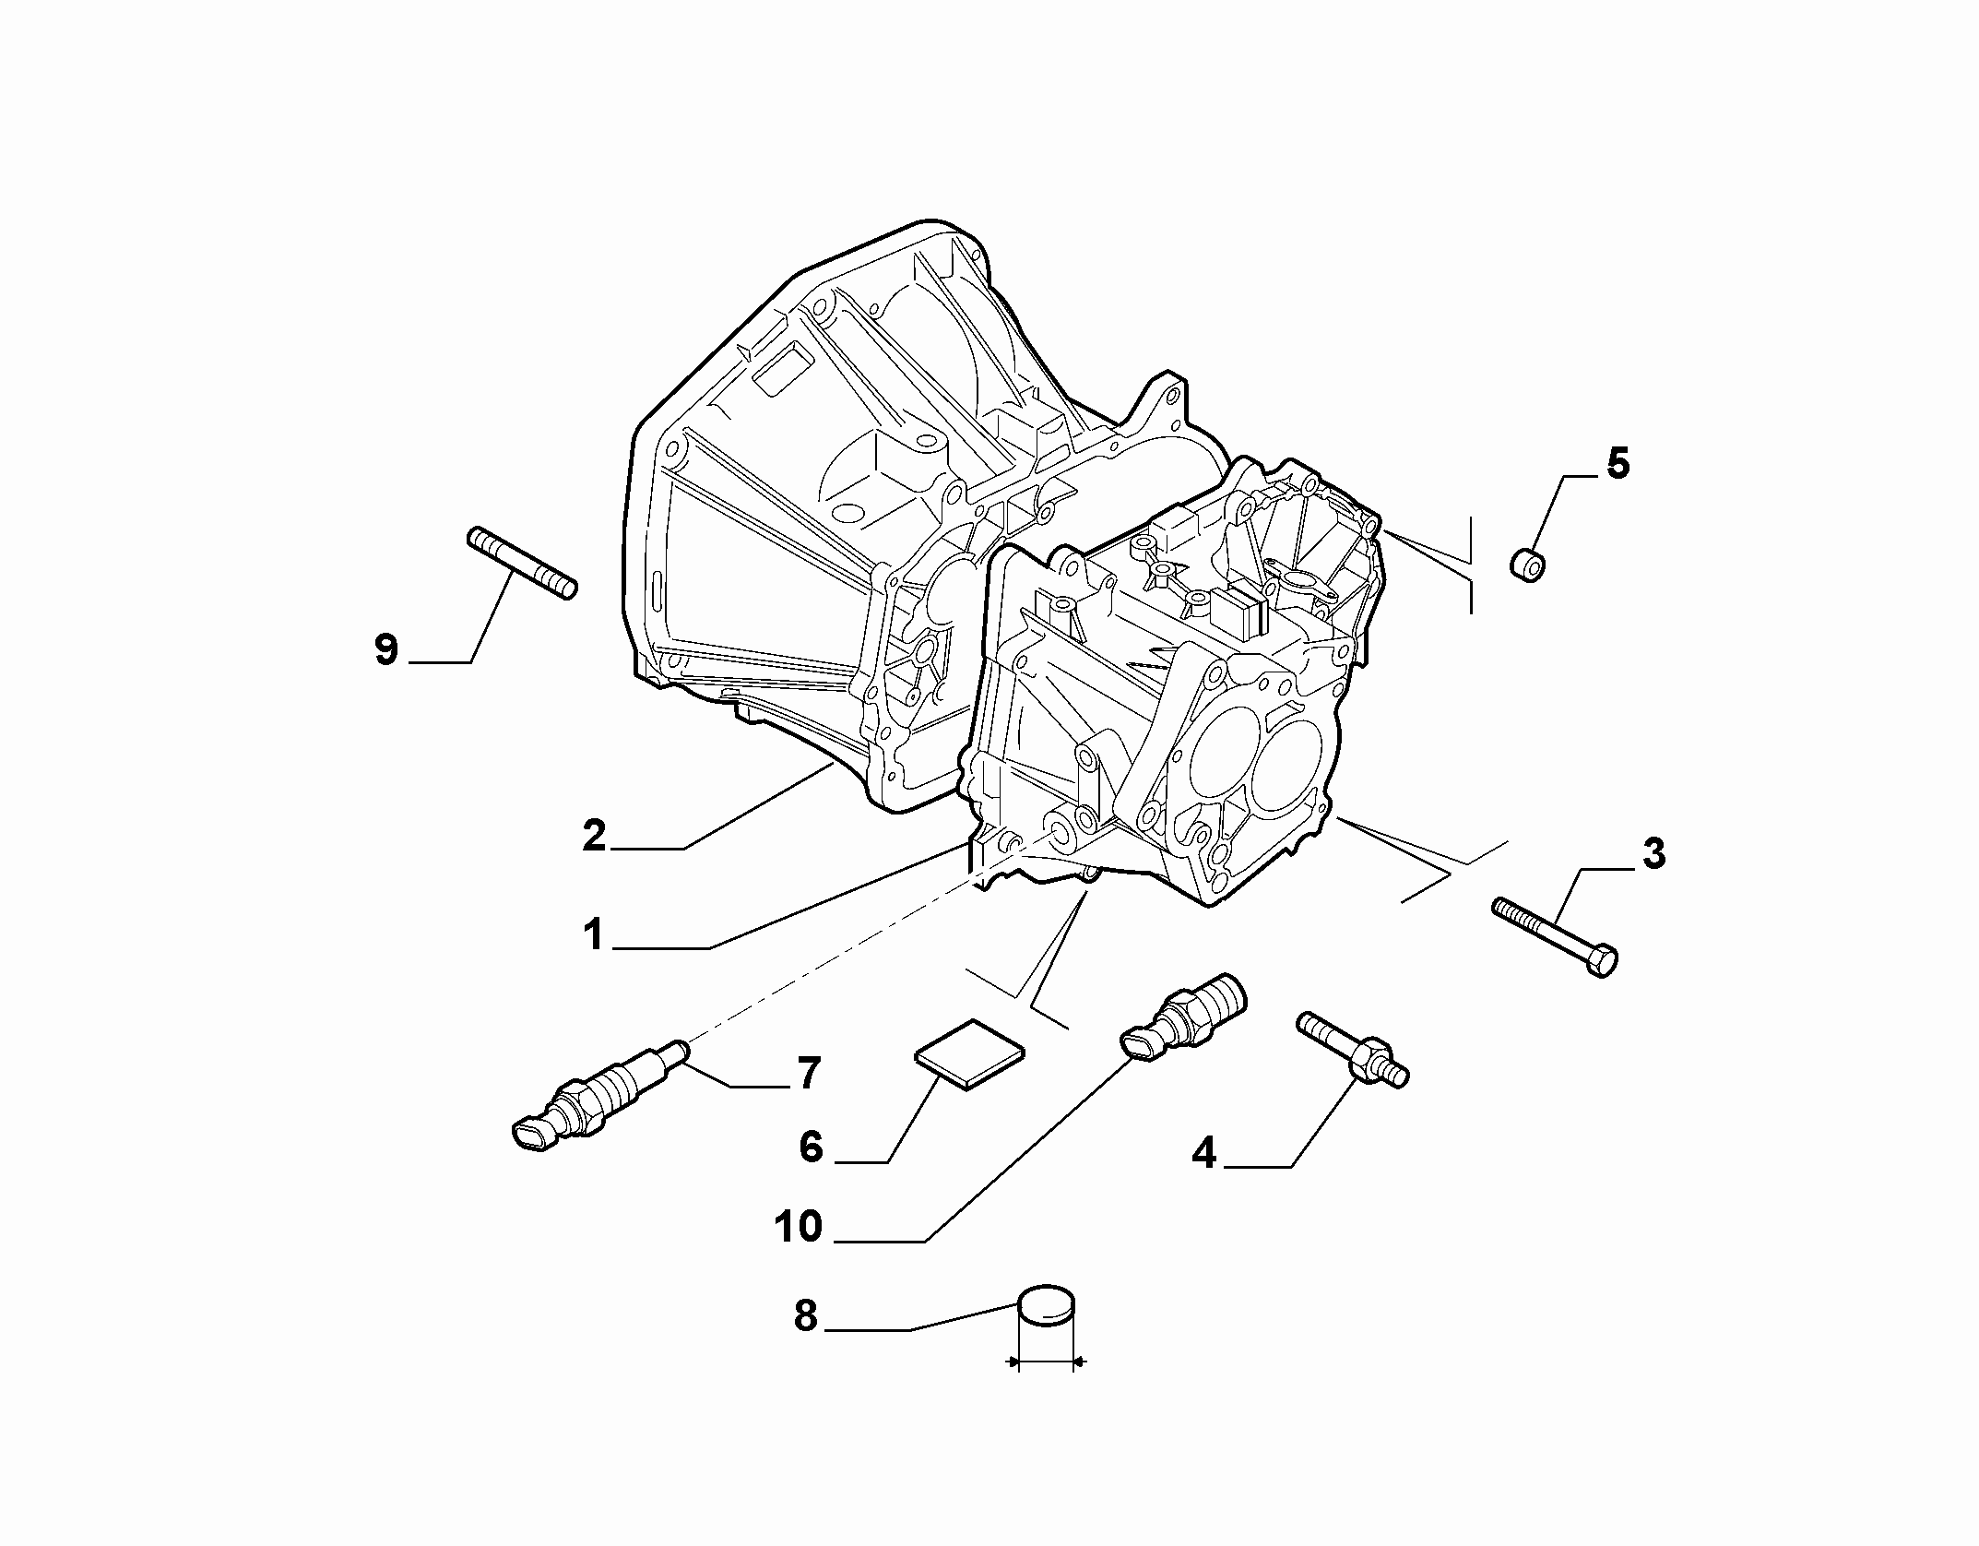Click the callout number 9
click(386, 649)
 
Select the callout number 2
click(595, 836)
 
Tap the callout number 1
click(593, 935)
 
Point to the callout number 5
click(1618, 464)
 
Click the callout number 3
click(1653, 854)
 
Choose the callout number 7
click(809, 1074)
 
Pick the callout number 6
click(811, 1148)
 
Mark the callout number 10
click(799, 1227)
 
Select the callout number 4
click(1204, 1153)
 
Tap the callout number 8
click(806, 1316)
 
